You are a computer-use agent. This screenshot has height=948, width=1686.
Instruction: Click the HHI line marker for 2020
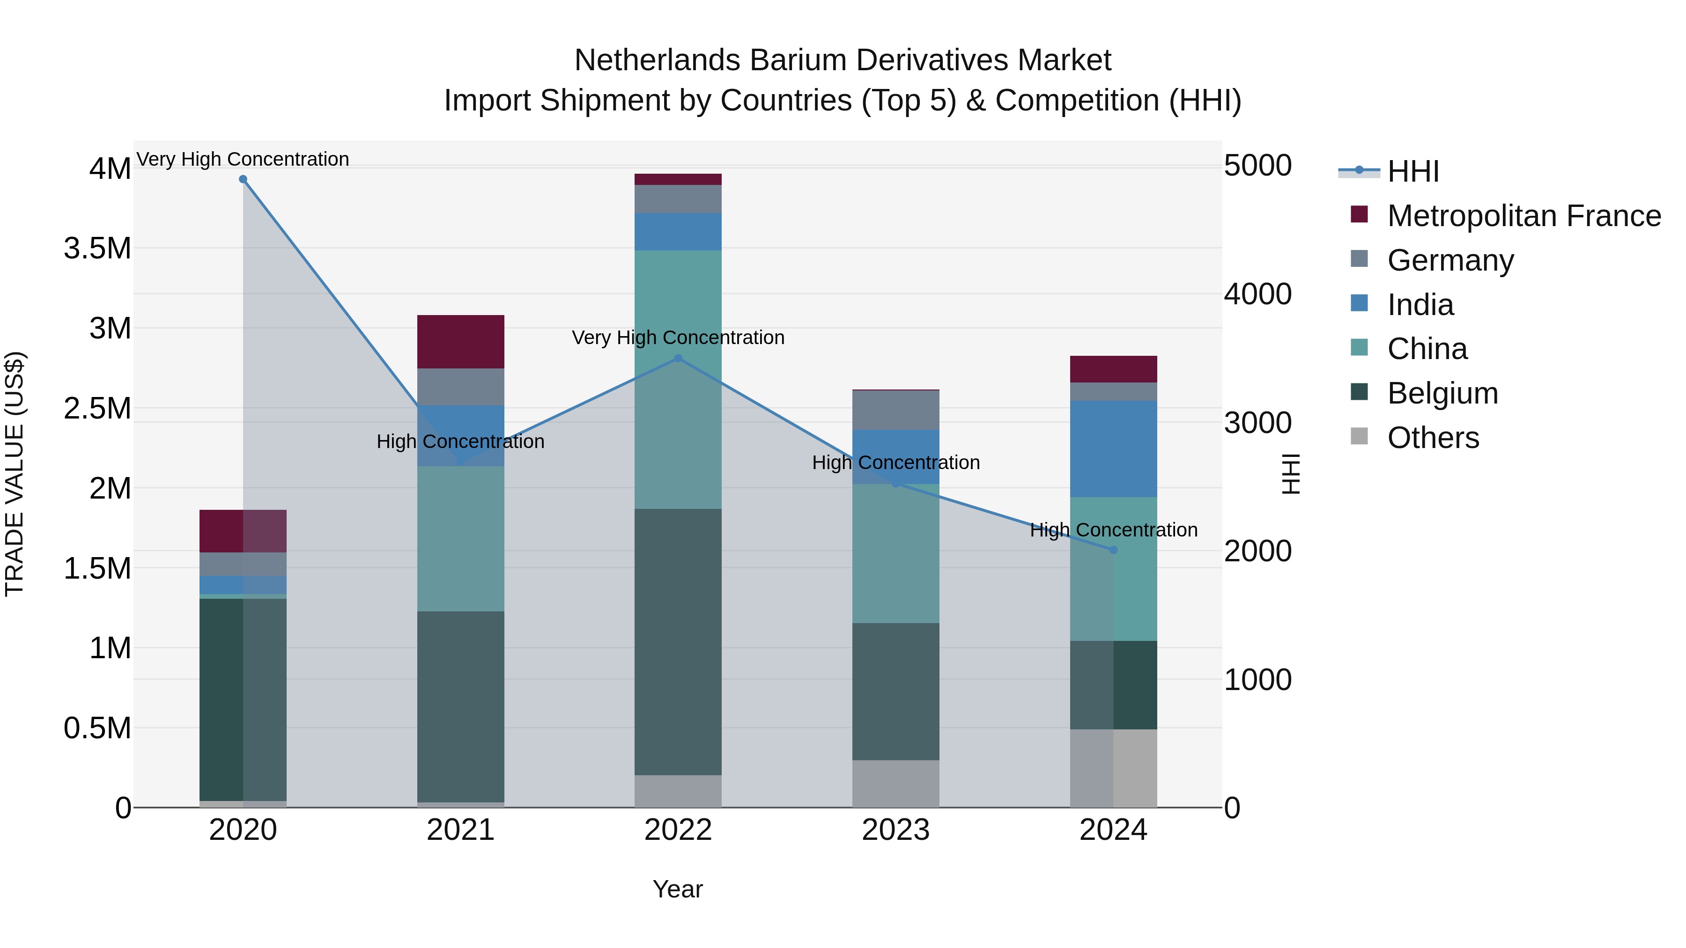tap(243, 179)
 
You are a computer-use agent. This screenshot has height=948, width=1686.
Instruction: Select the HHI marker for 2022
tap(678, 359)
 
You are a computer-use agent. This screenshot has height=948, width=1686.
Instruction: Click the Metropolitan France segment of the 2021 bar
tap(461, 342)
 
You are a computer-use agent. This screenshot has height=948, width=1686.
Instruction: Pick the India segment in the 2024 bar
tap(1113, 449)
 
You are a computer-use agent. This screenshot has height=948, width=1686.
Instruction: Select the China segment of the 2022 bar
tap(678, 380)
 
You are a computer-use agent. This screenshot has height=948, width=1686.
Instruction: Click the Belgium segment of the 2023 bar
tap(895, 691)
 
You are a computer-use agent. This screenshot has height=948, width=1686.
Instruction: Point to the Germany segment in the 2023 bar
tap(895, 410)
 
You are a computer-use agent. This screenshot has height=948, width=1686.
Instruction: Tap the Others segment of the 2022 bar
tap(678, 791)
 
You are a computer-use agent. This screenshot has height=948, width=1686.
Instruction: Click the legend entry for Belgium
tap(1442, 393)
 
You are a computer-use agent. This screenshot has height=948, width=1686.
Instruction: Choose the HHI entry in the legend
tap(1412, 171)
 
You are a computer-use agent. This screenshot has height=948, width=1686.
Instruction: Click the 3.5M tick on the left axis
tap(97, 249)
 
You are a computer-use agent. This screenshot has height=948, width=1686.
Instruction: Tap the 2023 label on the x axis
tap(895, 830)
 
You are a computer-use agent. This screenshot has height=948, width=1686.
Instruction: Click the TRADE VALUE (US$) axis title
tap(15, 474)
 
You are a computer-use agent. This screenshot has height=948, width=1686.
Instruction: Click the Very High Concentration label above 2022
tap(678, 338)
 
